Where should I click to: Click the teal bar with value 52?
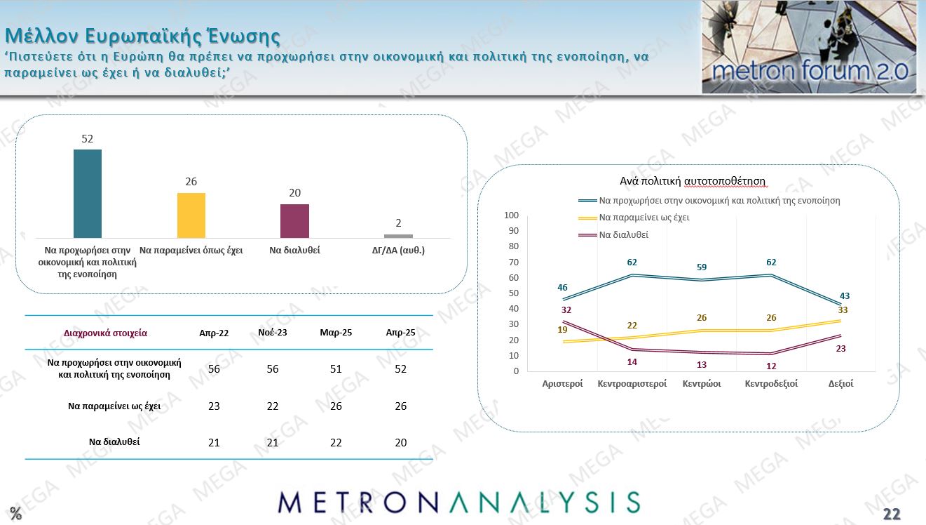(x=88, y=194)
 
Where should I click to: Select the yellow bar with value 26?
(x=191, y=215)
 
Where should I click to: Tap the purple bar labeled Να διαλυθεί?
(x=294, y=221)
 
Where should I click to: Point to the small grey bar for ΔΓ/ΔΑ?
(x=398, y=236)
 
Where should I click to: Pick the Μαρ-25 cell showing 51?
(x=336, y=369)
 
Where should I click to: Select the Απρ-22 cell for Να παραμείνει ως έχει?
(x=215, y=406)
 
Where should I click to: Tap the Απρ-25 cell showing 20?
(x=400, y=442)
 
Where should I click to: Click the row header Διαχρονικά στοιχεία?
(x=105, y=333)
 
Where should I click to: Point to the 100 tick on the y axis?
(x=511, y=215)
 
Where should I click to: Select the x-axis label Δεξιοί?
(x=840, y=384)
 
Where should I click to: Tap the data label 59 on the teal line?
(x=702, y=267)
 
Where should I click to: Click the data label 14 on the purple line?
(x=632, y=361)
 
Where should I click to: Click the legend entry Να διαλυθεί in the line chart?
(x=623, y=234)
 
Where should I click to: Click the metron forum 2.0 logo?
(x=809, y=47)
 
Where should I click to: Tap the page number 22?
(x=892, y=514)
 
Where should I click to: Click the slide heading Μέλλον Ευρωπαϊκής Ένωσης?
(x=143, y=36)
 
